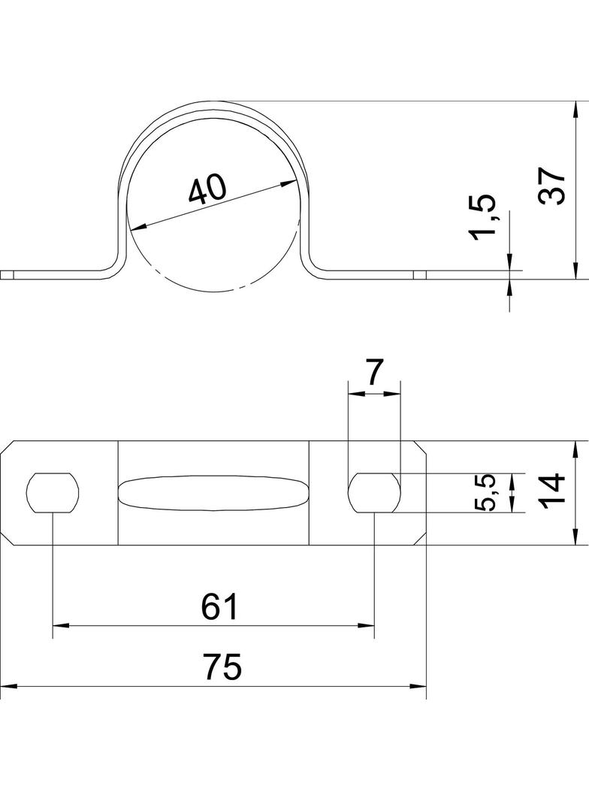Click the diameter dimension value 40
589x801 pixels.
(206, 189)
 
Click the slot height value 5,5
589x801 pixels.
(486, 493)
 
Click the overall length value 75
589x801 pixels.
(222, 667)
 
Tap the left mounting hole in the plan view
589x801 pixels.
(53, 493)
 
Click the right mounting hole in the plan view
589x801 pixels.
(374, 493)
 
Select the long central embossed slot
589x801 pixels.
(213, 493)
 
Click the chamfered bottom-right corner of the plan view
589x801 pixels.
(421, 539)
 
